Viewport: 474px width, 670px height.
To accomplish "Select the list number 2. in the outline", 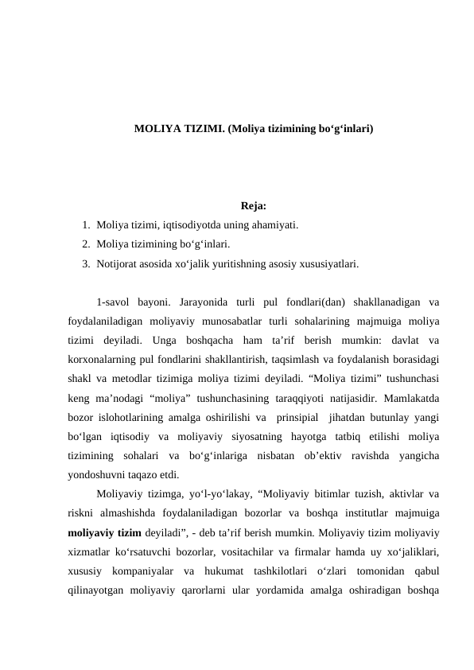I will coord(86,244).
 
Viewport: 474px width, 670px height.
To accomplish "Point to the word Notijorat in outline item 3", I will coord(117,262).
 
